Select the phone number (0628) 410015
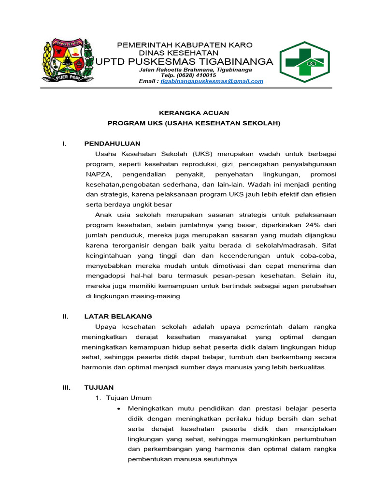pyautogui.click(x=188, y=75)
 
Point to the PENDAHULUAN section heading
pyautogui.click(x=112, y=144)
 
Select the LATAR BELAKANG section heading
pyautogui.click(x=118, y=316)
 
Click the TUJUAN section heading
pyautogui.click(x=99, y=387)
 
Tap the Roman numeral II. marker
pyautogui.click(x=66, y=316)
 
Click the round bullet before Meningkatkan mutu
pyautogui.click(x=119, y=408)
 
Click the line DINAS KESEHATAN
pyautogui.click(x=179, y=53)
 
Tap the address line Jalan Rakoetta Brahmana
pyautogui.click(x=195, y=70)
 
